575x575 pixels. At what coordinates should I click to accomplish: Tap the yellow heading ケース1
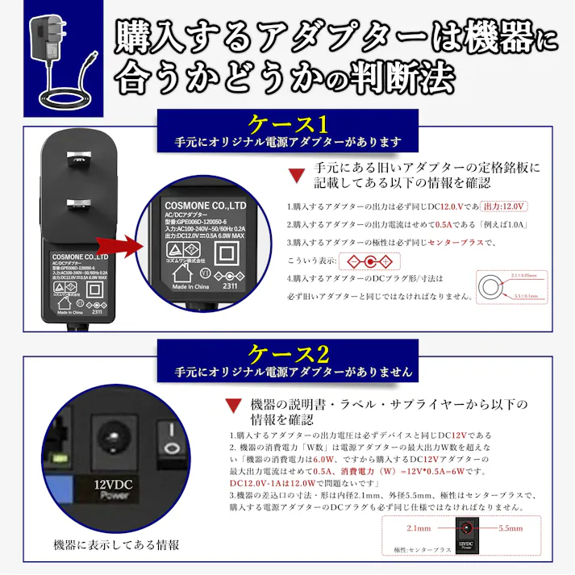pyautogui.click(x=288, y=124)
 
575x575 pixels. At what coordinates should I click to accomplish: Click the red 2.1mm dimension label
pyautogui.click(x=419, y=528)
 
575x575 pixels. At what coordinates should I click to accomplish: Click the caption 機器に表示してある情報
pyautogui.click(x=116, y=545)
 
